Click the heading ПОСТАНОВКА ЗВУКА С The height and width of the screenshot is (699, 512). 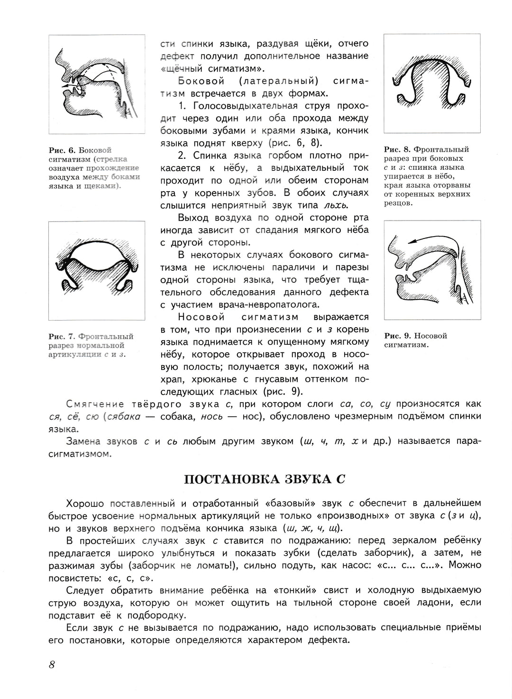(x=264, y=479)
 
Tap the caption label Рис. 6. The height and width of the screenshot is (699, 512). (x=62, y=150)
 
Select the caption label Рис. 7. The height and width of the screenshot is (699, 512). (x=62, y=336)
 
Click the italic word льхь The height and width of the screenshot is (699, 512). (x=334, y=205)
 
